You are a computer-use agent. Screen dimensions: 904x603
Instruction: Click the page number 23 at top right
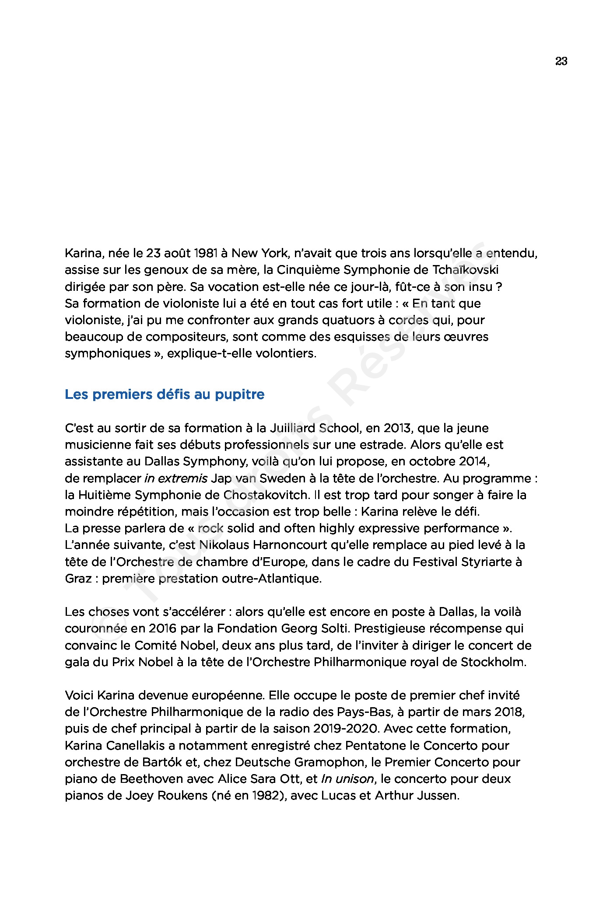561,61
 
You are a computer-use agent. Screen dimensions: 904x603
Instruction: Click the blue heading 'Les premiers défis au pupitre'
165,394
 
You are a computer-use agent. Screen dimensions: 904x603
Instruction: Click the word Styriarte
484,562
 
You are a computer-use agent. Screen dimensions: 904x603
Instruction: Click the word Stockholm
493,662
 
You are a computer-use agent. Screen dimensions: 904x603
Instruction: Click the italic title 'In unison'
348,779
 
